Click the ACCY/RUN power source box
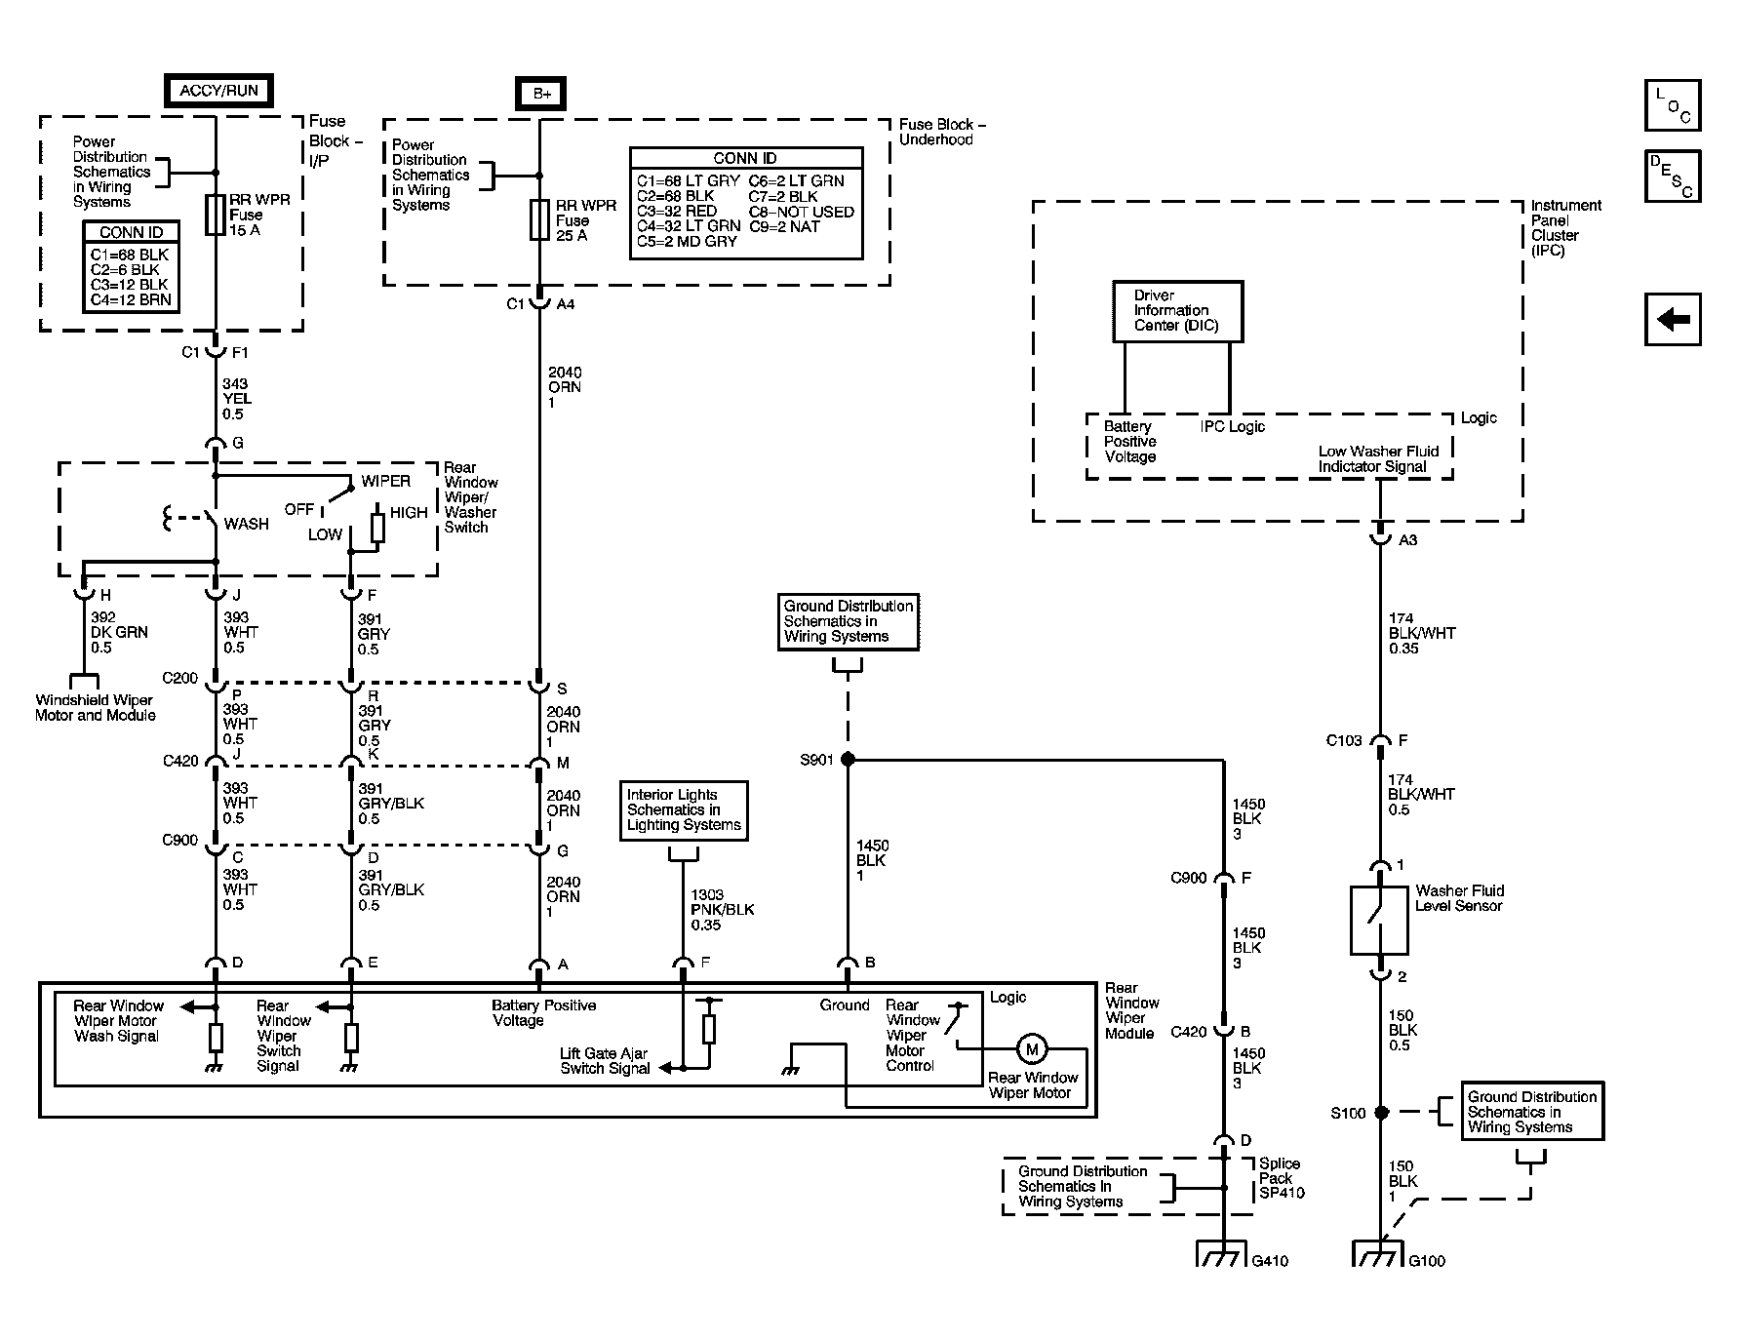coord(218,91)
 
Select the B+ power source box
coord(540,94)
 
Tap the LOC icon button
coord(1673,105)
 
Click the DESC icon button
coord(1673,176)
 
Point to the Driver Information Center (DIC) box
coord(1178,311)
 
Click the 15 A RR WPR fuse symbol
coord(217,215)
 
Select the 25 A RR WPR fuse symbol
coord(539,219)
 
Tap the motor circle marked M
coord(1032,1049)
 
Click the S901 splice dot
coord(848,759)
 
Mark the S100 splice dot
coord(1381,1112)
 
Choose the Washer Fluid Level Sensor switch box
coord(1379,920)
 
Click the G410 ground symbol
coord(1224,1254)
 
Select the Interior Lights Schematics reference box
coord(685,810)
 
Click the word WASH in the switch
coord(246,525)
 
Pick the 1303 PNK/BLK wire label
coord(722,910)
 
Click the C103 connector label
coord(1343,741)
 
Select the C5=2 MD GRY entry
coord(688,242)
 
